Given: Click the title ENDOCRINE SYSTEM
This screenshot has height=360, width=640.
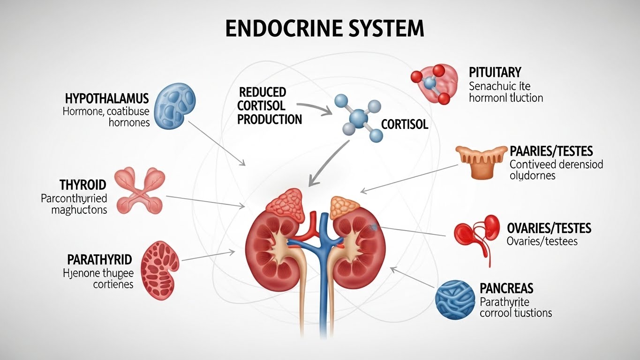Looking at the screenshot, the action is click(x=324, y=29).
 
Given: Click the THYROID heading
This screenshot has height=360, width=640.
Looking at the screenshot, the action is click(x=83, y=184).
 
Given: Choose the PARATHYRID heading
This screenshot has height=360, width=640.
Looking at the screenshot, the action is click(x=99, y=259).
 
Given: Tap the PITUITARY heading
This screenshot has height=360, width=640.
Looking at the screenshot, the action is click(x=495, y=72).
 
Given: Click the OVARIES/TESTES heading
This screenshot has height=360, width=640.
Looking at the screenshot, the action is click(x=549, y=228).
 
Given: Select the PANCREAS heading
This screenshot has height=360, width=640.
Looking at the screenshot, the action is click(x=506, y=288).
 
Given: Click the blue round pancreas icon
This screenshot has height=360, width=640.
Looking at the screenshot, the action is click(x=455, y=300).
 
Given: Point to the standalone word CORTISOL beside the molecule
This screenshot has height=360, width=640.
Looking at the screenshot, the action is click(x=405, y=125).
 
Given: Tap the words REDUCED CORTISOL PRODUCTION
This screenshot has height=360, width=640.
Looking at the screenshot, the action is click(x=269, y=105).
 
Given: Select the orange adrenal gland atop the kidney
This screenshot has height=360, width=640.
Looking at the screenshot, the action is click(x=346, y=208).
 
